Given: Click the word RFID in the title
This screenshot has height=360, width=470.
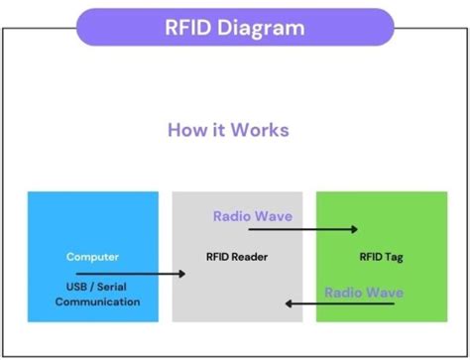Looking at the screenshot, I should click(189, 27).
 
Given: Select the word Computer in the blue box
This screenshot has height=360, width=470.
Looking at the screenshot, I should click(92, 257).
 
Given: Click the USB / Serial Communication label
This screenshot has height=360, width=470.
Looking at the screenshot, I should click(97, 294).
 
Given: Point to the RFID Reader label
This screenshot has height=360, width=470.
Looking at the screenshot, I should click(236, 257).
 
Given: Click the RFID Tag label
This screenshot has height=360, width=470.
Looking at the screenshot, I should click(380, 257).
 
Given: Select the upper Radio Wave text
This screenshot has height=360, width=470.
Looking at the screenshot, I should click(253, 215).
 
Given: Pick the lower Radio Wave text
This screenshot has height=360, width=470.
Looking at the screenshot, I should click(364, 293).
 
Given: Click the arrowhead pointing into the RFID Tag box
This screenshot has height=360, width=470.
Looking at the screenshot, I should click(353, 229).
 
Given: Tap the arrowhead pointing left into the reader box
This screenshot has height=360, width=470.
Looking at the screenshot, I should click(287, 304).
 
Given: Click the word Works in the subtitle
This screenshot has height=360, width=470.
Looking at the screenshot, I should click(256, 130).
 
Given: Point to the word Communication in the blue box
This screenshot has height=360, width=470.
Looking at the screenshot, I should click(97, 300).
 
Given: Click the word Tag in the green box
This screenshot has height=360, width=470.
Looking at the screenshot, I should click(395, 257).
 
